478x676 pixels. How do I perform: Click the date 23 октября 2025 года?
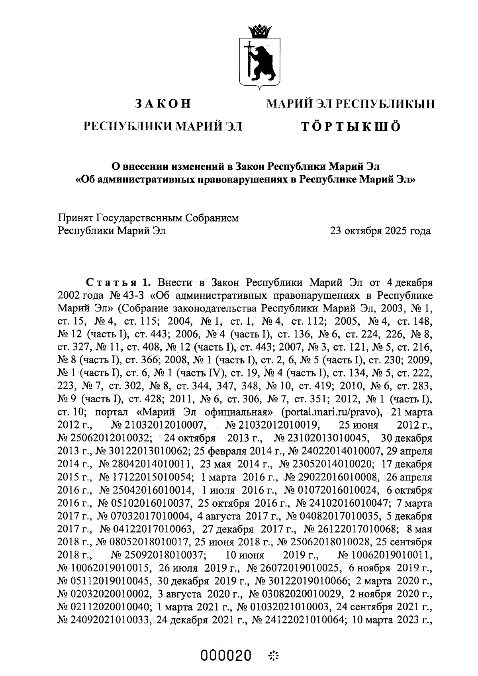tap(380, 231)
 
